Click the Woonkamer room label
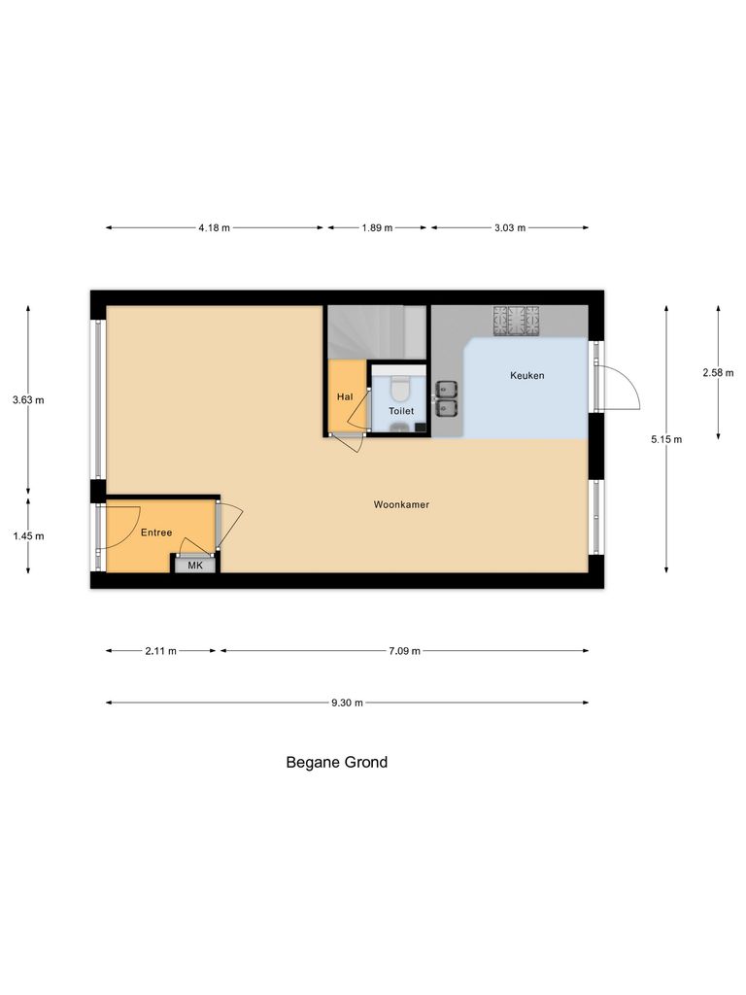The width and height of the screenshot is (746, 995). pos(401,505)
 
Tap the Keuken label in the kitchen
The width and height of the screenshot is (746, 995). pos(527,375)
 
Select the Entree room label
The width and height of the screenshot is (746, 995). pos(156,532)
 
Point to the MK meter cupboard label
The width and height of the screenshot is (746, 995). pos(195,565)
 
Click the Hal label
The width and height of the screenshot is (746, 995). pos(344,396)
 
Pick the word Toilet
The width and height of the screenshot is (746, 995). pos(401,411)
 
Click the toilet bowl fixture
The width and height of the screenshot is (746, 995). pos(398,388)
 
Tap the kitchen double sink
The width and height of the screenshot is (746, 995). pos(447,397)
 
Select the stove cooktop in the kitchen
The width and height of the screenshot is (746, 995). pos(517,322)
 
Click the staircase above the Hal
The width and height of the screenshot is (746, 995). pos(375,331)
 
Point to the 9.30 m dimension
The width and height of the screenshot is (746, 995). pos(347,703)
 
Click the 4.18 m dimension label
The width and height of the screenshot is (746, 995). pos(214,228)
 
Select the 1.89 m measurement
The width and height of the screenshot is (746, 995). pos(377,228)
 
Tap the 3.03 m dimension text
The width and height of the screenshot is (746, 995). pos(509,228)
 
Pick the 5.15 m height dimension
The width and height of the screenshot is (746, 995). pos(666,439)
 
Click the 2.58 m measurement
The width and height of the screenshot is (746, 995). pos(719,372)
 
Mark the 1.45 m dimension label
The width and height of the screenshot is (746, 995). pos(28,535)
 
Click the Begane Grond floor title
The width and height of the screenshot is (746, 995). pos(336,763)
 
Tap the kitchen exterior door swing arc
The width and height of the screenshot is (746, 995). pos(622,387)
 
